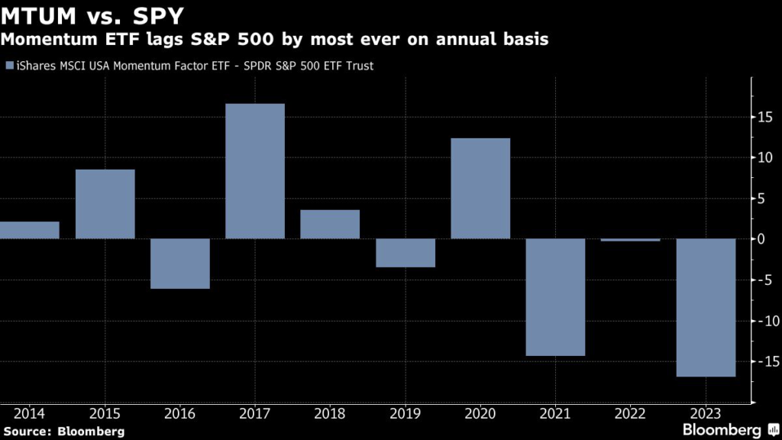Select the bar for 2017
(255, 171)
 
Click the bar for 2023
(706, 307)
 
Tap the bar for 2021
(555, 297)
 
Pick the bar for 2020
(480, 189)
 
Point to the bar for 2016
(180, 264)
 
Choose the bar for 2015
(105, 204)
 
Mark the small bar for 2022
(631, 240)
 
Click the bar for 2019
(406, 253)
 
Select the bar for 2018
(330, 225)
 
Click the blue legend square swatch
(8, 66)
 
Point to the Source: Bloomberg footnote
(63, 432)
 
